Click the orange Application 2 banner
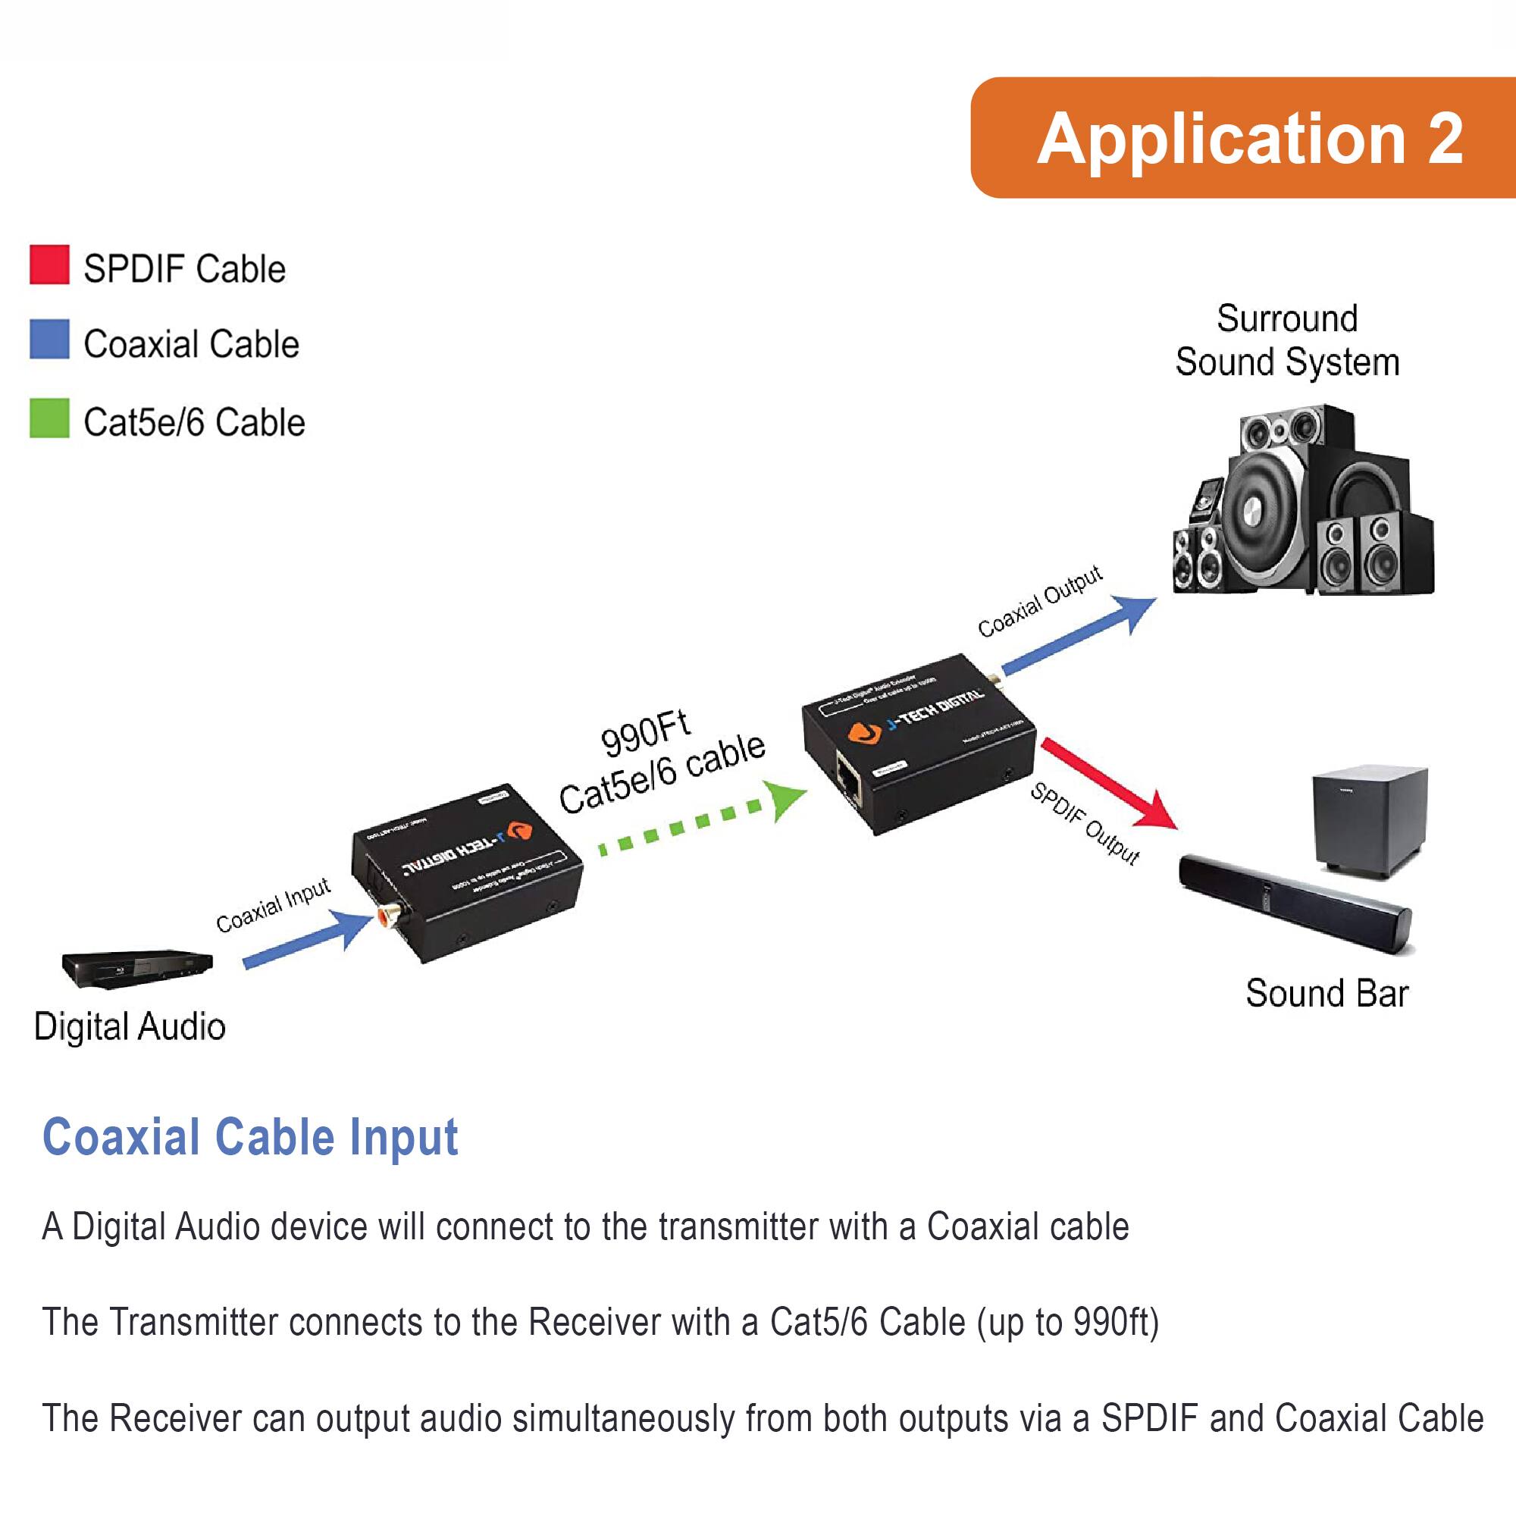pos(1248,137)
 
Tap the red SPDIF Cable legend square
pos(49,265)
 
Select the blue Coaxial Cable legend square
pos(49,339)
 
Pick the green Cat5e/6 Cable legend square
pos(49,418)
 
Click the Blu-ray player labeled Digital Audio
pos(137,966)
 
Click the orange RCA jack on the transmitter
pos(387,914)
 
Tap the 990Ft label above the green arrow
pos(645,735)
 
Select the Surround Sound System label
pos(1287,340)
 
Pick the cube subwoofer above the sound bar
pos(1369,820)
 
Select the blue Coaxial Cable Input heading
pos(249,1138)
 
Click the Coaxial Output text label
pos(1040,602)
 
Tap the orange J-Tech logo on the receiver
pos(864,734)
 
